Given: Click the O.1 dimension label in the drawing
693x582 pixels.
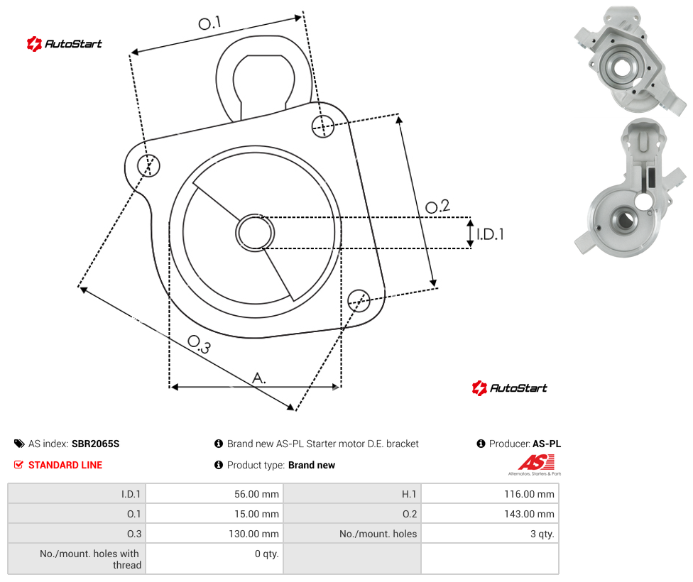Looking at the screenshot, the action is pos(209,23).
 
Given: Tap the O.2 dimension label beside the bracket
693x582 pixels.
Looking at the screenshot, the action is pos(437,206).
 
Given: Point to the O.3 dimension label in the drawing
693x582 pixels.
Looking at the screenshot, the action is pos(200,344).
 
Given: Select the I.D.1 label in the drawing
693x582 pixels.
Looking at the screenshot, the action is pos(490,234).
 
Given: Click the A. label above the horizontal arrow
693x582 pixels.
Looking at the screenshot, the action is pos(259,378).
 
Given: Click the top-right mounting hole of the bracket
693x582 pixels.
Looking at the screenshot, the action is pos(323,126).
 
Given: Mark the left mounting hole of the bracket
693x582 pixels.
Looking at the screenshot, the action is pos(148,165).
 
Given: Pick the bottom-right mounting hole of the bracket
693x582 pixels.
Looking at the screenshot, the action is pos(359,300).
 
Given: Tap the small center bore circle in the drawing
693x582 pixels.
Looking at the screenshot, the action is pos(255,233).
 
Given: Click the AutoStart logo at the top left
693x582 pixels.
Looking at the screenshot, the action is pos(65,43).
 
